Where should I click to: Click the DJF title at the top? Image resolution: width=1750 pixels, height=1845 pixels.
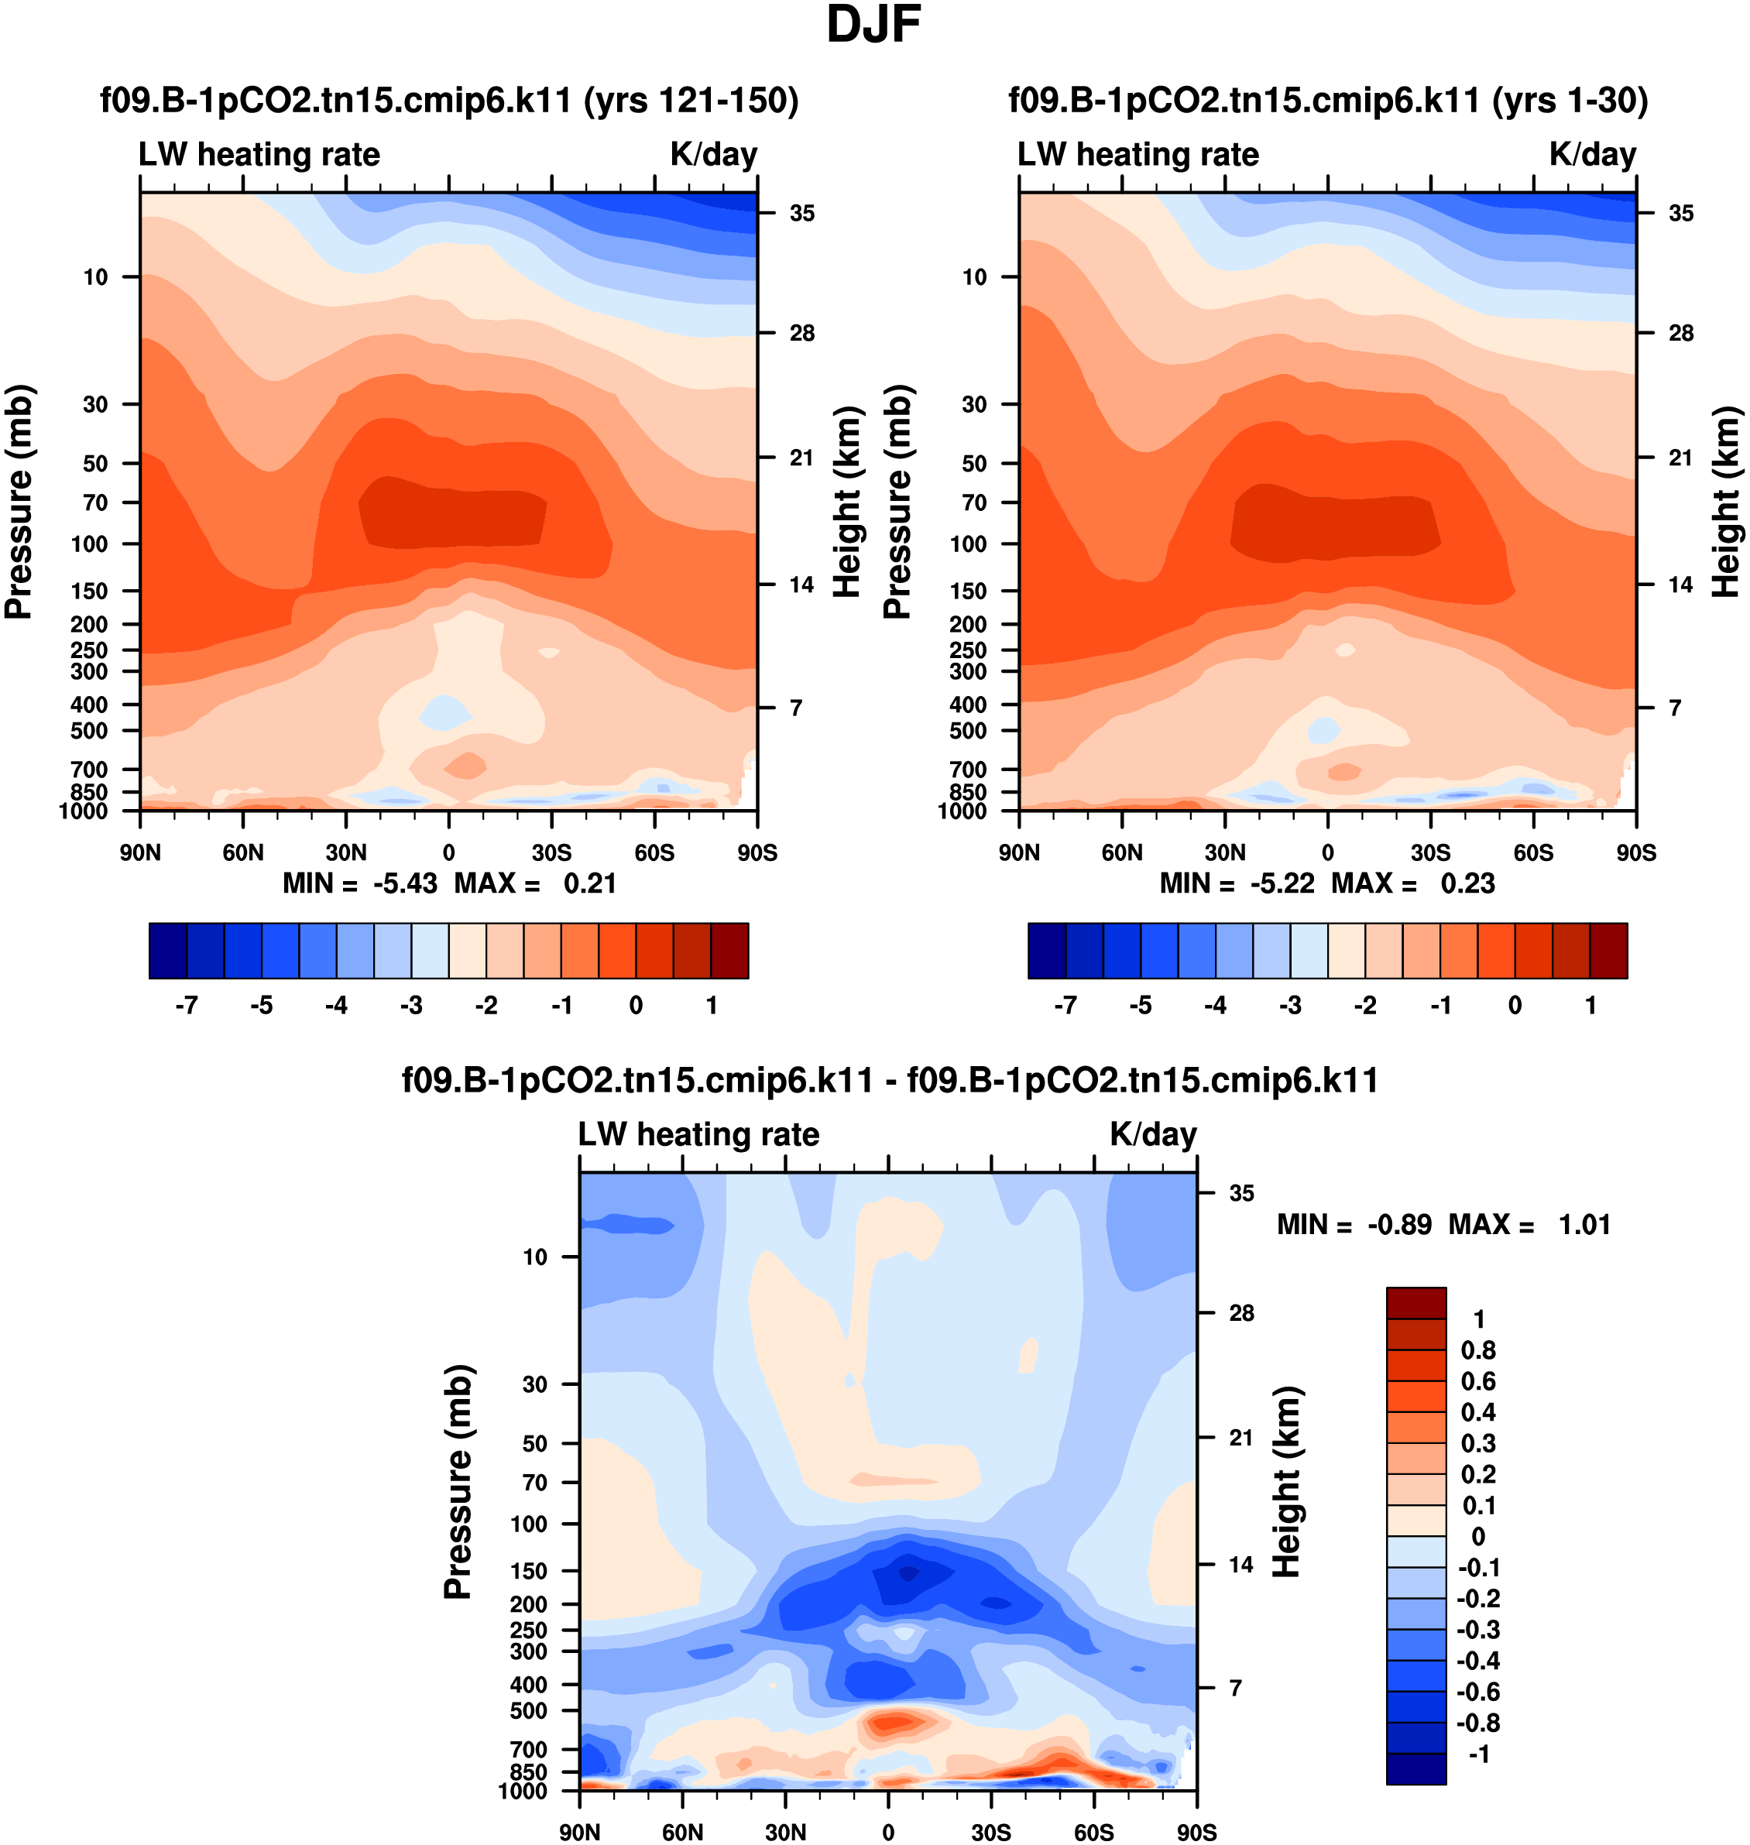click(873, 26)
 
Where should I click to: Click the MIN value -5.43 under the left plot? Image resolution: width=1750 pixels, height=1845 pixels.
click(405, 883)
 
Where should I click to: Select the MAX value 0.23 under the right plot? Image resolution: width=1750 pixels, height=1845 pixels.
click(1467, 883)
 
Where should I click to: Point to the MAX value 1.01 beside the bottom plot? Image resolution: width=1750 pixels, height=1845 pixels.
click(1584, 1225)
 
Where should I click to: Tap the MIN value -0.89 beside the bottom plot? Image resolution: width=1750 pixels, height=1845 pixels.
click(1399, 1225)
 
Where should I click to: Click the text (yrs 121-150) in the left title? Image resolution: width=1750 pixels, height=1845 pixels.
click(691, 100)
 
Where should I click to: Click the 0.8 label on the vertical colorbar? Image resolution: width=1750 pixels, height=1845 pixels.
click(1478, 1350)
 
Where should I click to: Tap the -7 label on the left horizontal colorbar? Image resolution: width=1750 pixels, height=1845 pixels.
click(187, 1006)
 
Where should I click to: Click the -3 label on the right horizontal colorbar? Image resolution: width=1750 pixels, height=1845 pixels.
click(1290, 1006)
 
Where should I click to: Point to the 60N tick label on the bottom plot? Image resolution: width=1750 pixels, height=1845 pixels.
click(682, 1832)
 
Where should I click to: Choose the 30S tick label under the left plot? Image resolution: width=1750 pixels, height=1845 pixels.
click(551, 852)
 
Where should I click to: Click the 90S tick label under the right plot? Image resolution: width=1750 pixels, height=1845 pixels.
click(1636, 852)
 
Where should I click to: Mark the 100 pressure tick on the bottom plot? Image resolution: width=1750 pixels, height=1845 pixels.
click(529, 1524)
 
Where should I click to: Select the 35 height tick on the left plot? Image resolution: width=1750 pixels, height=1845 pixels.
click(802, 214)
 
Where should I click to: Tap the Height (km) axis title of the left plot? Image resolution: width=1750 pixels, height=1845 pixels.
click(846, 502)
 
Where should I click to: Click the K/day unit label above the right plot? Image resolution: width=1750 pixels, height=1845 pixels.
click(1592, 154)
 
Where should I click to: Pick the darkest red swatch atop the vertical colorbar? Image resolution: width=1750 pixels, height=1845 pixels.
click(1416, 1302)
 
